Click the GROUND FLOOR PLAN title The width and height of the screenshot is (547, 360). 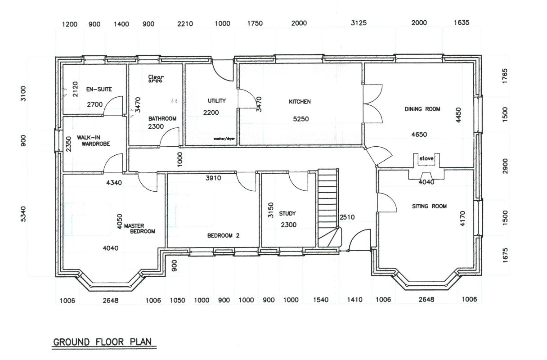(104, 342)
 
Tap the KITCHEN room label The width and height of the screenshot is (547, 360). (300, 102)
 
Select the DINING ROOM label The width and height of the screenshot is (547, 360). (422, 109)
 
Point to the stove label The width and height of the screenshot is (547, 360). (426, 159)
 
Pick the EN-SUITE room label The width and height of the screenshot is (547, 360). (96, 89)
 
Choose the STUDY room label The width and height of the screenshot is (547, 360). (287, 214)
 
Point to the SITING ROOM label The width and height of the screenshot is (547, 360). (429, 206)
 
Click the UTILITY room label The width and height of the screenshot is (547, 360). (216, 101)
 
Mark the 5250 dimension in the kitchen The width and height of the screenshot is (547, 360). (301, 119)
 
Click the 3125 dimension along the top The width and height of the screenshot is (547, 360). (359, 23)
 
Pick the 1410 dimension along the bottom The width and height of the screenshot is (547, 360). (355, 300)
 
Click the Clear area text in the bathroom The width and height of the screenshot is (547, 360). (156, 79)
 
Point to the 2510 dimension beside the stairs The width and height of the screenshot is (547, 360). (347, 217)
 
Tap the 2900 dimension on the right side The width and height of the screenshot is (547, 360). (506, 166)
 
